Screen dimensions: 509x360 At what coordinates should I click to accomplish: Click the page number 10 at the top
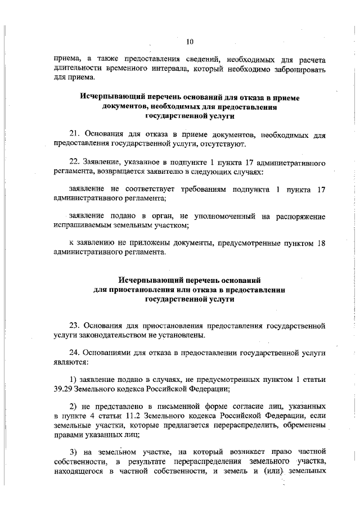[x=190, y=40]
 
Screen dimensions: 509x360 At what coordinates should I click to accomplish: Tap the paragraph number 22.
[x=73, y=162]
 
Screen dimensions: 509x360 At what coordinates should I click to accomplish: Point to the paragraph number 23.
[x=73, y=325]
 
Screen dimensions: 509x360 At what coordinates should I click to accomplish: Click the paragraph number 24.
[x=73, y=353]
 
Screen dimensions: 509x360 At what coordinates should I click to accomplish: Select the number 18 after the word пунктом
[x=322, y=243]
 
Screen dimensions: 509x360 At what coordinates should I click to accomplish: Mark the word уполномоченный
[x=214, y=216]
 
